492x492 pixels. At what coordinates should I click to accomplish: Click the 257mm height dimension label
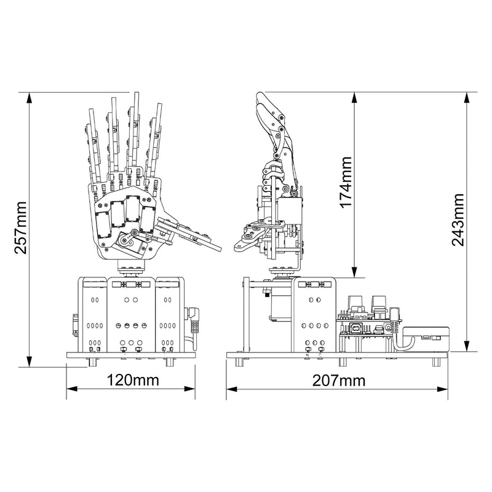(x=20, y=228)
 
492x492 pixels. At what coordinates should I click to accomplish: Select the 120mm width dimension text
(x=130, y=380)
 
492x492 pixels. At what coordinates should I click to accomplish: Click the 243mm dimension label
(x=459, y=220)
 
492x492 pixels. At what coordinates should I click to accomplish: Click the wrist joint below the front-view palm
(x=131, y=268)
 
